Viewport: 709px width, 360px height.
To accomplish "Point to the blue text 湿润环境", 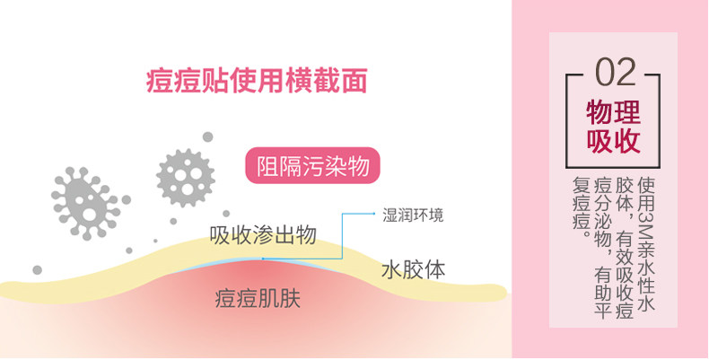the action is click(x=412, y=215).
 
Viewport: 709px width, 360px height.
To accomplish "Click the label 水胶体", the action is click(x=413, y=270).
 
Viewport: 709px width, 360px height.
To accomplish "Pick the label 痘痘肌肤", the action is click(x=257, y=299).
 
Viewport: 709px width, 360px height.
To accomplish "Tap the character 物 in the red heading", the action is click(x=599, y=111).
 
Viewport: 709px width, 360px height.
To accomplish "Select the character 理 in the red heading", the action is click(x=627, y=111).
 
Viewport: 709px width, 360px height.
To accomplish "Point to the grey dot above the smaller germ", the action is click(x=207, y=137).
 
